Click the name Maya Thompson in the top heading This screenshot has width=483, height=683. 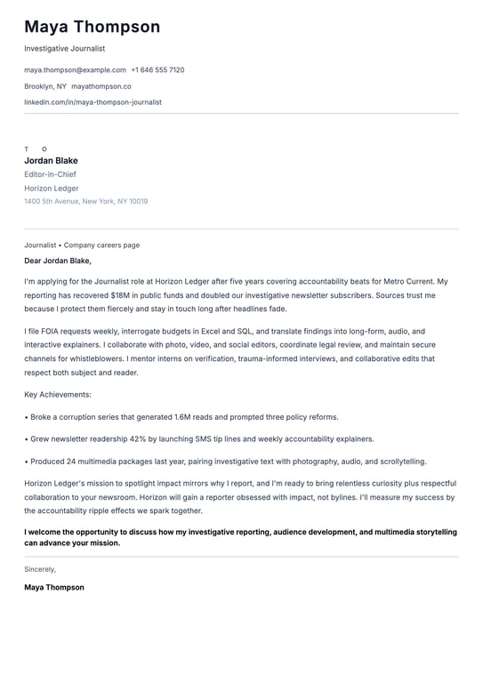click(92, 27)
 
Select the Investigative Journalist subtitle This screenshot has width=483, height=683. click(64, 49)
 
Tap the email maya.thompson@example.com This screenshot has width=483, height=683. click(75, 69)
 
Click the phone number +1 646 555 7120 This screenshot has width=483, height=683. click(157, 69)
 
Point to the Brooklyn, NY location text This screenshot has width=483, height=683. click(45, 86)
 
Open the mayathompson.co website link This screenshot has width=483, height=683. click(101, 86)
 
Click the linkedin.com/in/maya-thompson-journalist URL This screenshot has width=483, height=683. click(93, 102)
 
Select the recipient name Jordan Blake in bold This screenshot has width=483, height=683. click(51, 161)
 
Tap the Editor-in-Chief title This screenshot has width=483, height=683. click(50, 175)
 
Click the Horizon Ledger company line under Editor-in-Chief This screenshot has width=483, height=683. click(52, 189)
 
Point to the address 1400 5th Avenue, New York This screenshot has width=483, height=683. click(85, 202)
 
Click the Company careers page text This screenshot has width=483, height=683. click(101, 245)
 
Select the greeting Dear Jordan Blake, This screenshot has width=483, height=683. click(58, 261)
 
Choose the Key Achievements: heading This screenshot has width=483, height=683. click(58, 394)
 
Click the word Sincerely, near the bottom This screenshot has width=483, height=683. click(40, 569)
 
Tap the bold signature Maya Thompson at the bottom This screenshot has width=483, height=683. click(54, 588)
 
